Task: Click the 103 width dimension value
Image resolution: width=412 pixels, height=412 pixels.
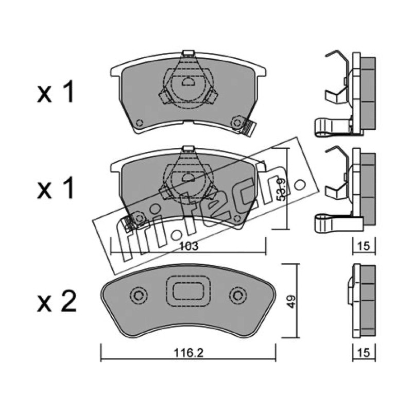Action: click(188, 247)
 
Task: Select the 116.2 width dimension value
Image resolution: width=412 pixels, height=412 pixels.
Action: click(188, 353)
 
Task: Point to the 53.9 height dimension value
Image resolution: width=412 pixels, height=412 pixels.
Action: click(281, 189)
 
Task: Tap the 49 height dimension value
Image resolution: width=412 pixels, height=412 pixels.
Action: click(291, 302)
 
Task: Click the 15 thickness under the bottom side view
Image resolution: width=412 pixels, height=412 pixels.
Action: click(364, 353)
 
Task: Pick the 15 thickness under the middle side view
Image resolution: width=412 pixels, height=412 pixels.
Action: click(364, 246)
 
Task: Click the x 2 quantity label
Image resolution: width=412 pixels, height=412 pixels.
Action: click(57, 302)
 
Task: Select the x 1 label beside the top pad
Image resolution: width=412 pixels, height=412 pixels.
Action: click(56, 92)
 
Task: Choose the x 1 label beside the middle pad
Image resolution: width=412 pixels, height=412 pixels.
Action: click(56, 187)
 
